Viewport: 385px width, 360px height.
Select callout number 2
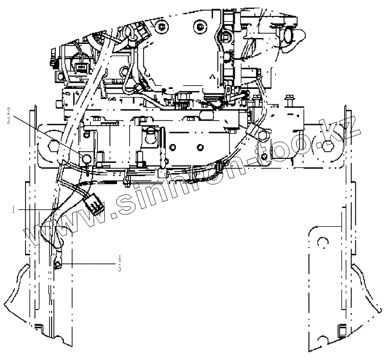9,109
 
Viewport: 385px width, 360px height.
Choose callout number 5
120,269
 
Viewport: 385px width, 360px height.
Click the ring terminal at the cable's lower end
58,263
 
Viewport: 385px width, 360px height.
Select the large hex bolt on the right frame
328,147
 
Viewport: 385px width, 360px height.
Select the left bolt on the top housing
162,26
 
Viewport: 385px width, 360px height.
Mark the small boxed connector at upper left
80,66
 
